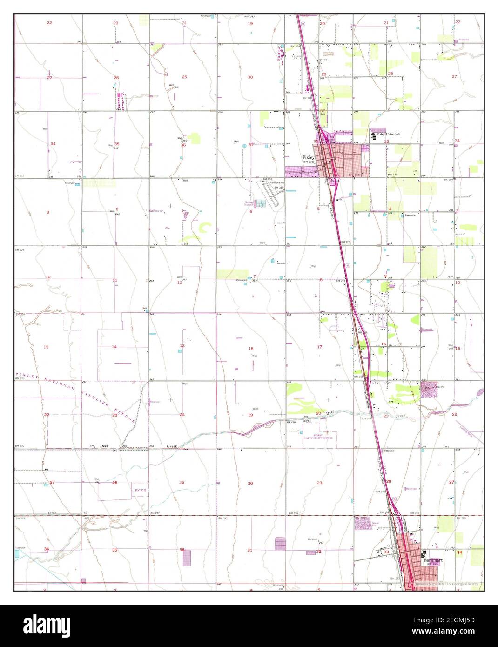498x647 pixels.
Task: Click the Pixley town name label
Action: pos(309,157)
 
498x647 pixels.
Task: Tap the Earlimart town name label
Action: pos(433,560)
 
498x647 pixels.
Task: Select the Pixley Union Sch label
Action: pos(388,134)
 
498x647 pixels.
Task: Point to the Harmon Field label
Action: pos(278,182)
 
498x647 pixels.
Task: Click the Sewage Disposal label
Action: pos(250,203)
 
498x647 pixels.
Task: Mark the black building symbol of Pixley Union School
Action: pos(373,135)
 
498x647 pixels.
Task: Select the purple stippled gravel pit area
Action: pos(363,524)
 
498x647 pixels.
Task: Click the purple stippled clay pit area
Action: pos(429,390)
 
